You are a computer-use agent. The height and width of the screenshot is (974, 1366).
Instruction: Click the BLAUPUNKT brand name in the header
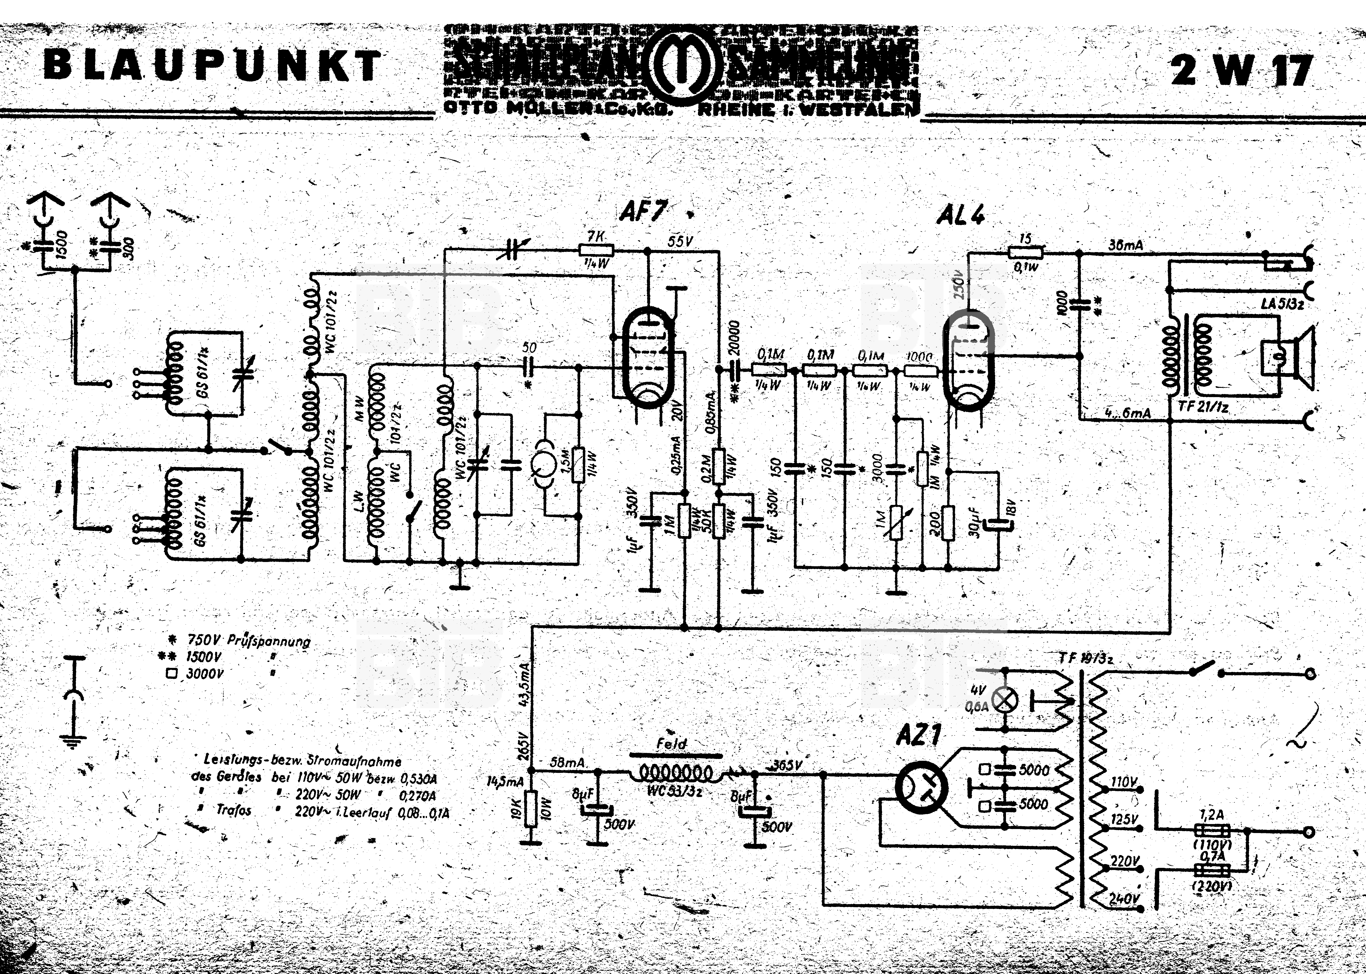point(212,66)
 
